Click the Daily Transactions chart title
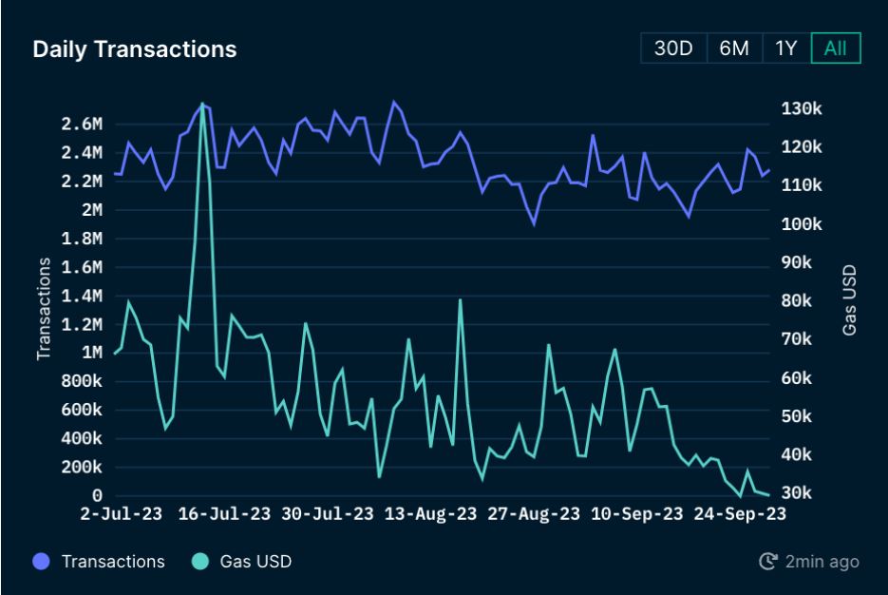tap(135, 49)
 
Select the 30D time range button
tap(673, 48)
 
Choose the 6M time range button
tap(734, 48)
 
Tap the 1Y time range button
tap(785, 48)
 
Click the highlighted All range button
tap(836, 48)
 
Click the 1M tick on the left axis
tap(92, 353)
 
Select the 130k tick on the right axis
tap(801, 108)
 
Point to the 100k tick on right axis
tap(801, 224)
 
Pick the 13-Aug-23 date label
tap(432, 514)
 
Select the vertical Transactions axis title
tap(44, 311)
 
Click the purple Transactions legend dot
tap(42, 562)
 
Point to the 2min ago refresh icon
tap(768, 562)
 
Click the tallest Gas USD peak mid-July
tap(202, 104)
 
